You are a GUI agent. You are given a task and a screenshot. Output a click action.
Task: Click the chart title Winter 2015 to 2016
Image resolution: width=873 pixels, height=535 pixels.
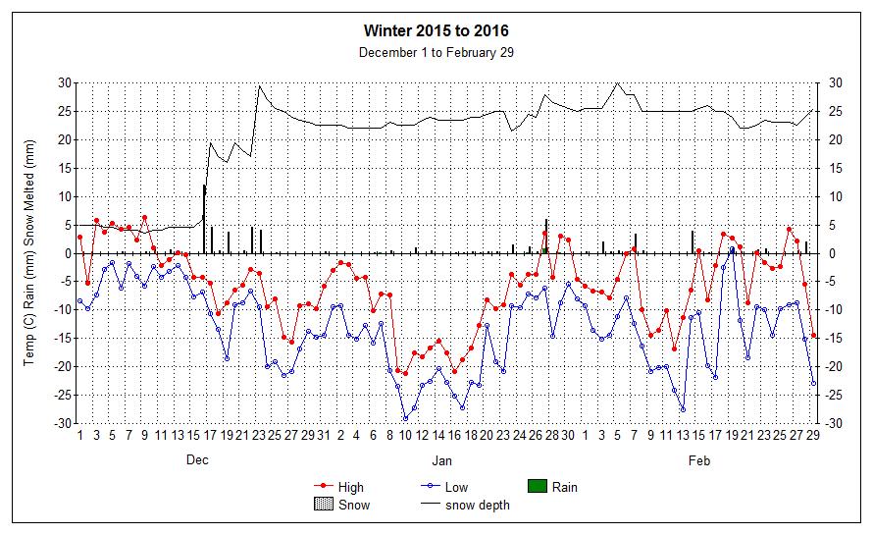[436, 32]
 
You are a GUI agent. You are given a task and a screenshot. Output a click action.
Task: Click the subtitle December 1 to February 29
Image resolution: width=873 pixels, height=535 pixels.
[436, 52]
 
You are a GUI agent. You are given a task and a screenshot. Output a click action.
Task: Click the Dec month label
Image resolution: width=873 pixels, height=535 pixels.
[197, 459]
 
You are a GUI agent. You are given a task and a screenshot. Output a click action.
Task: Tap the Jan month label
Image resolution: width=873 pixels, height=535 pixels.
[442, 459]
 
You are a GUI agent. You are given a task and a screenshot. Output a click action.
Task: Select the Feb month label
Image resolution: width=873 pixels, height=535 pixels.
[699, 459]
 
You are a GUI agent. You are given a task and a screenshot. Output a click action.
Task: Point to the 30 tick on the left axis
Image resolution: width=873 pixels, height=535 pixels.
[65, 82]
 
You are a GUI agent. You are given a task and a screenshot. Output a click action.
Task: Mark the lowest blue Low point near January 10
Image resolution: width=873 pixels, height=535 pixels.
[405, 419]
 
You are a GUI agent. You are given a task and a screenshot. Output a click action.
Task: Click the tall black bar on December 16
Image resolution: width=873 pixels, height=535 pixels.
[204, 218]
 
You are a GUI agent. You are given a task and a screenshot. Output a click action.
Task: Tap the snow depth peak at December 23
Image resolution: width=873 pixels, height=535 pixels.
[259, 85]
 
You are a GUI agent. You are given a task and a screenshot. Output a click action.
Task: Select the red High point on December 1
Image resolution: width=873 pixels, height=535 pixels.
[79, 237]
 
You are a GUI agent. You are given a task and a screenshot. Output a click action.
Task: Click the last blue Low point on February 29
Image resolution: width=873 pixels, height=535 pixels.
[813, 383]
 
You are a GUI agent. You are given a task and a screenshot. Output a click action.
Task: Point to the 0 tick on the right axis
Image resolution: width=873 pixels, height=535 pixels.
[834, 253]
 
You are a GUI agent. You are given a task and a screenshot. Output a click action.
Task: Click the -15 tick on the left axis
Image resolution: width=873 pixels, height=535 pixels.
[63, 339]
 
